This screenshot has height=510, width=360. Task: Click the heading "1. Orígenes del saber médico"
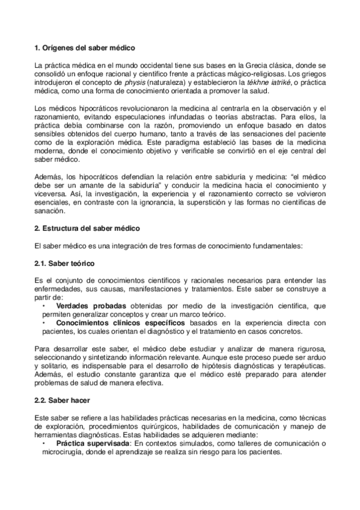click(x=84, y=47)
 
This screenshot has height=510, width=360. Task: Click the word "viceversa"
click(x=52, y=187)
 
